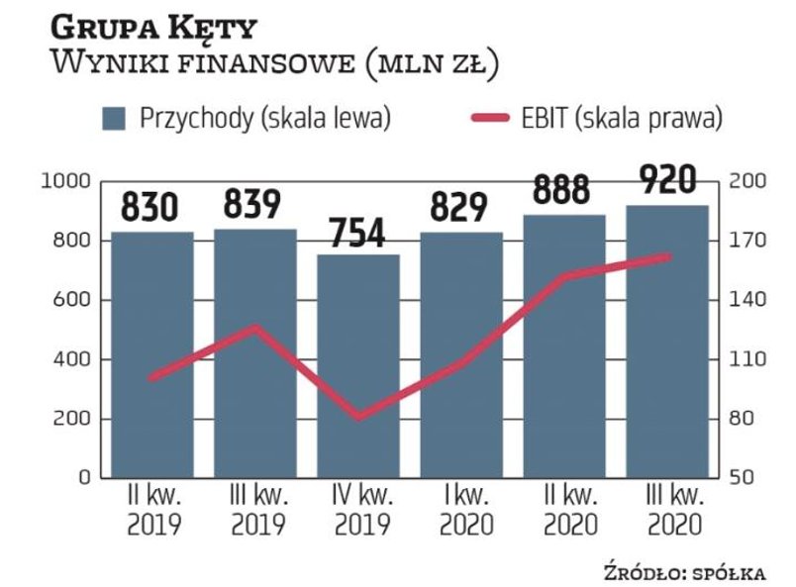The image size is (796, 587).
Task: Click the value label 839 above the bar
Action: pyautogui.click(x=253, y=205)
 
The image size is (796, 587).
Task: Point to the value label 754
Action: pyautogui.click(x=357, y=231)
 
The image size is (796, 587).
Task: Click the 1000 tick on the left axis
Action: pyautogui.click(x=64, y=181)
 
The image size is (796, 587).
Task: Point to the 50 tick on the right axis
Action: pyautogui.click(x=742, y=478)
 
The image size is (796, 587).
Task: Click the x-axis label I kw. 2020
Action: pyautogui.click(x=460, y=510)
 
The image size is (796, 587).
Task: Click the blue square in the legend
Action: pyautogui.click(x=114, y=119)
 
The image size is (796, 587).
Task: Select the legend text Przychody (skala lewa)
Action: pyautogui.click(x=264, y=119)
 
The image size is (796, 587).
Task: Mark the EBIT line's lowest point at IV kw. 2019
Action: pyautogui.click(x=358, y=417)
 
